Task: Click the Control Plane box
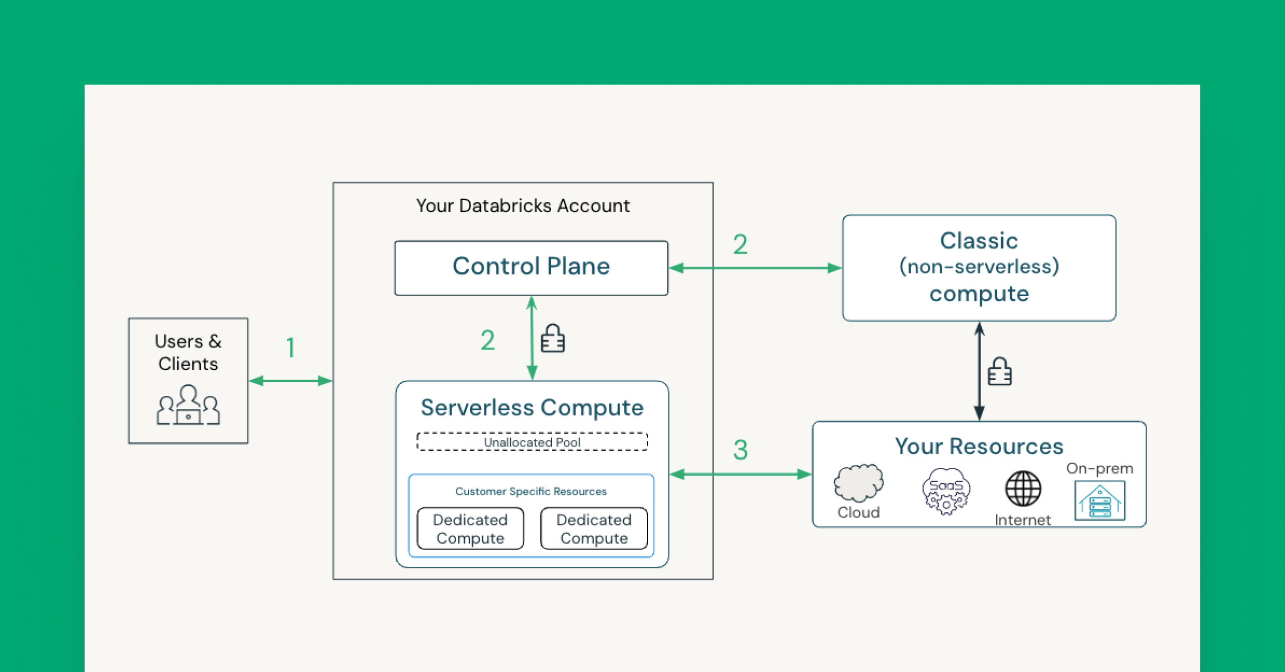point(531,267)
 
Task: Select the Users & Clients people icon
point(188,406)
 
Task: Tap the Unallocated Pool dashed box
point(532,442)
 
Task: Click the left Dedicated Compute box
point(470,529)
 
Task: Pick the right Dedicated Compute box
point(594,529)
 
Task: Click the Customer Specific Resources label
point(531,491)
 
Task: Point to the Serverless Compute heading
point(532,408)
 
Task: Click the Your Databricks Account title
point(523,205)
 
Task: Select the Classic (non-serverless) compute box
point(979,268)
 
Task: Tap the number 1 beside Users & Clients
point(291,348)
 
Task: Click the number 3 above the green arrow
point(740,450)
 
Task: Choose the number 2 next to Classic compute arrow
point(740,245)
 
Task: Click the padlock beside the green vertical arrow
point(553,339)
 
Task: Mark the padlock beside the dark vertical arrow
point(999,372)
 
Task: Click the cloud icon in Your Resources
point(858,483)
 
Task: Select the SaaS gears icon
point(946,492)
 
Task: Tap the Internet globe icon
point(1023,489)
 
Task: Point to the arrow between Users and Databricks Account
point(291,381)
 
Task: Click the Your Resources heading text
point(979,446)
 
